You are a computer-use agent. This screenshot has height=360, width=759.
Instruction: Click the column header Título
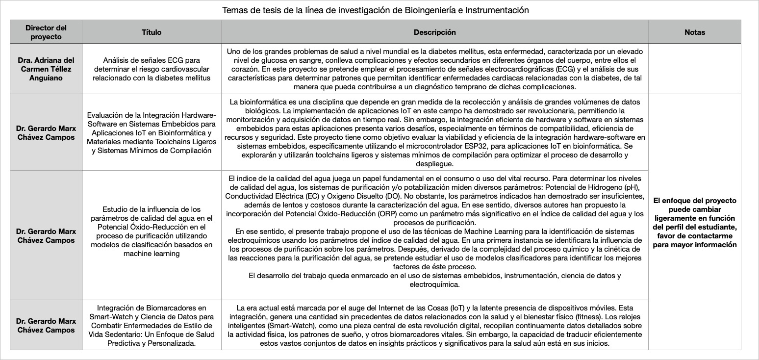pyautogui.click(x=152, y=32)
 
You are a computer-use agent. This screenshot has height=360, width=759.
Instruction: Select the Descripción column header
pyautogui.click(x=434, y=32)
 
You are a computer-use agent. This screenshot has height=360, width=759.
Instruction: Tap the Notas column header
pyautogui.click(x=694, y=32)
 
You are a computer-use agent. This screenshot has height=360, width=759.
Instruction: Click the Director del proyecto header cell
pyautogui.click(x=46, y=32)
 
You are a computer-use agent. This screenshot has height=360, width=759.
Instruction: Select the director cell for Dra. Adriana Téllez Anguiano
pyautogui.click(x=46, y=69)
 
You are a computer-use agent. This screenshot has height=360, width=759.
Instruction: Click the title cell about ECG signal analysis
pyautogui.click(x=152, y=69)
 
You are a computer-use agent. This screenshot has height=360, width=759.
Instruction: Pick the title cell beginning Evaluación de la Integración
pyautogui.click(x=152, y=133)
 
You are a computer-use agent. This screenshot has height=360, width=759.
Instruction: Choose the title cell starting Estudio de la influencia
pyautogui.click(x=152, y=235)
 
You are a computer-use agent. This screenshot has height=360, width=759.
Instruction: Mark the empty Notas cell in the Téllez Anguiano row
pyautogui.click(x=694, y=69)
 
